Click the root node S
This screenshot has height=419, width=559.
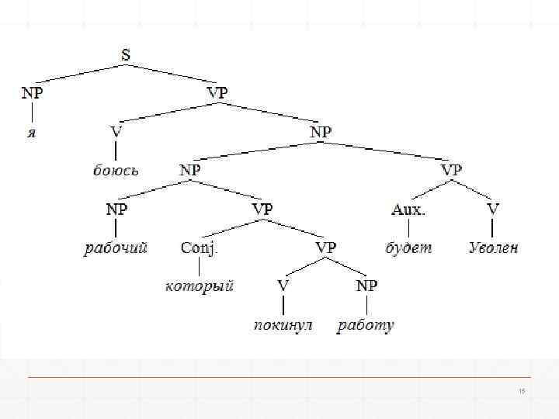[127, 55]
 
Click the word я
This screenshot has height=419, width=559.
[32, 132]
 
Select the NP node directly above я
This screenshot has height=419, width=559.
[32, 93]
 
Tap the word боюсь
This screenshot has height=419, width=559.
[116, 171]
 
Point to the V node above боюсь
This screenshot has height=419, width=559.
[116, 132]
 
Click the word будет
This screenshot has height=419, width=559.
[408, 248]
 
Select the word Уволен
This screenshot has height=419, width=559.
[494, 248]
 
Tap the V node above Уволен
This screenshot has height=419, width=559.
[494, 209]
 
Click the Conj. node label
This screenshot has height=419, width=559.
[200, 248]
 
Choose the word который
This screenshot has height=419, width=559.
[200, 286]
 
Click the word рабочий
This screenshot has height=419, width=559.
[116, 248]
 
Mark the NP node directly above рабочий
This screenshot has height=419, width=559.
[116, 209]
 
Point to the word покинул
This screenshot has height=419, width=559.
[283, 325]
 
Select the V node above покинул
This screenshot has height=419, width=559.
[283, 286]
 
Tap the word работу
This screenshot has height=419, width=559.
[366, 325]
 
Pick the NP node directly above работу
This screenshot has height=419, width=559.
[366, 286]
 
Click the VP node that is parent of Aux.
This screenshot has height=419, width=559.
[451, 170]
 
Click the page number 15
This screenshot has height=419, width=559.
[522, 391]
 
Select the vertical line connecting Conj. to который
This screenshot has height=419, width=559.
[200, 267]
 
